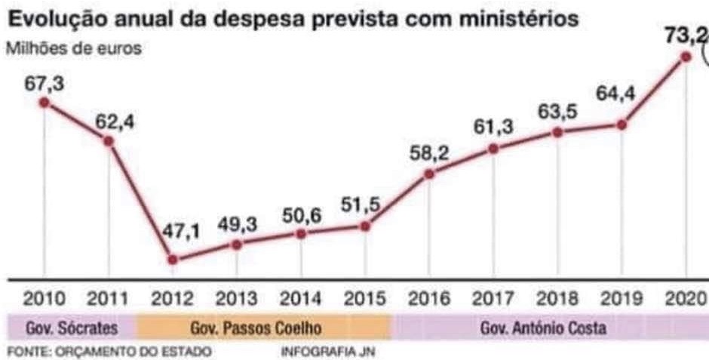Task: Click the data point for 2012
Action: click(x=173, y=260)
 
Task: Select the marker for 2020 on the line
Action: click(x=686, y=57)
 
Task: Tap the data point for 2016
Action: click(x=429, y=174)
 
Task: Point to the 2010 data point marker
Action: click(x=44, y=103)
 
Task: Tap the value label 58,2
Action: click(x=431, y=153)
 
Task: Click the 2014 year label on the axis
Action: click(x=301, y=297)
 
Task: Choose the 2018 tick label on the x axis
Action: click(x=559, y=297)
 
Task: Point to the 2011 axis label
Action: click(x=109, y=297)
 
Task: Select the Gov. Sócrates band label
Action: click(x=72, y=328)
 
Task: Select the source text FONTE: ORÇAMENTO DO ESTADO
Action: click(x=109, y=352)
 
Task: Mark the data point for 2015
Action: click(x=366, y=226)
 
